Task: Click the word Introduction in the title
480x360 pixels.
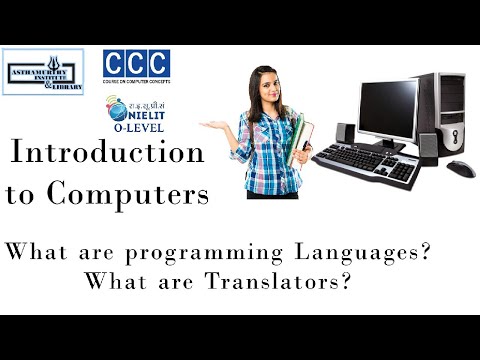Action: click(107, 154)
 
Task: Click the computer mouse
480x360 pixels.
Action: click(460, 167)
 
